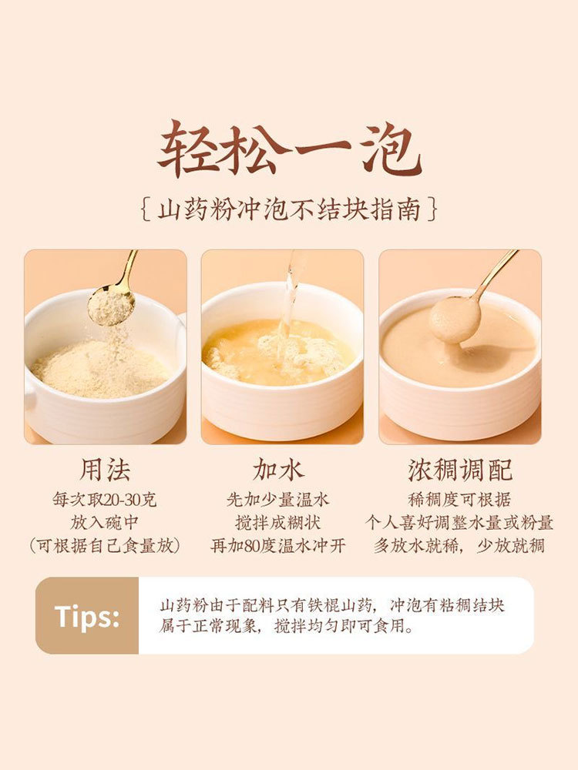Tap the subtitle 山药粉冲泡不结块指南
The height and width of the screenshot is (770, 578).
(x=289, y=210)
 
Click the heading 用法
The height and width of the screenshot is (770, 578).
(x=105, y=470)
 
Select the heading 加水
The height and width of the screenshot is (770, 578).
(x=279, y=470)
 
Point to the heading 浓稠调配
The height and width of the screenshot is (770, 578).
(x=460, y=470)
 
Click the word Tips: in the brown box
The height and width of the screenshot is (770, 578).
(x=87, y=616)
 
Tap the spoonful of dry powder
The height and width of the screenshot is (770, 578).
(x=111, y=308)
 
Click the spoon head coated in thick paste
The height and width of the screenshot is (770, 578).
(x=454, y=320)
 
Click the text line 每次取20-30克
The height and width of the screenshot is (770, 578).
(x=105, y=500)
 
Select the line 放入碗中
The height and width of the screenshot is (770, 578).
(x=105, y=522)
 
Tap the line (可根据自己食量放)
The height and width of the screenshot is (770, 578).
(x=105, y=546)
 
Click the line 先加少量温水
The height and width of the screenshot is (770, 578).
(x=277, y=500)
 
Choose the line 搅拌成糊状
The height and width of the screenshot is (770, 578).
(x=277, y=522)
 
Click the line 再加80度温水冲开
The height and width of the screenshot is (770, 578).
(x=277, y=546)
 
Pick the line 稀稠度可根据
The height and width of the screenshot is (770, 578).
(x=459, y=500)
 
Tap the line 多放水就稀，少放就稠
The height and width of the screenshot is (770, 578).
(x=459, y=546)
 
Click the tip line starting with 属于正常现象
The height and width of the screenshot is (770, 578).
(x=287, y=626)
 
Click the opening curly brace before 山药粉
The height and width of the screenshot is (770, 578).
(x=146, y=210)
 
